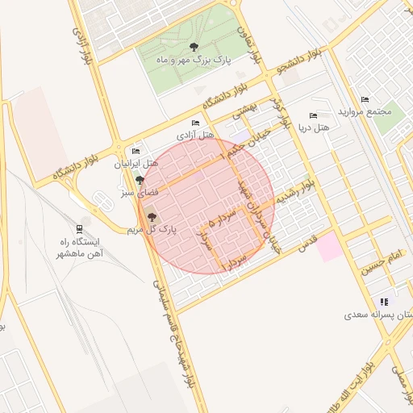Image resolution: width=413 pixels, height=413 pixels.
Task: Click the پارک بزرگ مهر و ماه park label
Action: (193, 60)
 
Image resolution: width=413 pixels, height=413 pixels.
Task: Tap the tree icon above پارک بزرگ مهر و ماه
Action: (193, 47)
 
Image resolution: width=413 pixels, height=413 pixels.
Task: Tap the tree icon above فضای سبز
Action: (140, 180)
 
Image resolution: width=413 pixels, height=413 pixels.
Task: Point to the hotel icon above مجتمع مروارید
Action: (365, 100)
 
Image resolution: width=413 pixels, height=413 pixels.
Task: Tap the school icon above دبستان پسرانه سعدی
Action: (384, 302)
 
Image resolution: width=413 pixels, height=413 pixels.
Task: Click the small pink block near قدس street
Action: (329, 247)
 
